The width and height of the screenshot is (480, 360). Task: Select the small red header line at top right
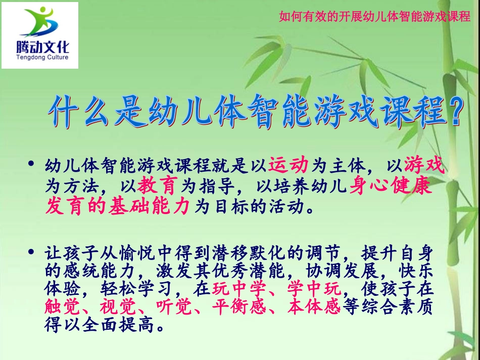click(x=374, y=17)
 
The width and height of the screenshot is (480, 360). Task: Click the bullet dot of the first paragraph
click(x=32, y=164)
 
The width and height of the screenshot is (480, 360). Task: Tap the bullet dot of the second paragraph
click(x=32, y=251)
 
